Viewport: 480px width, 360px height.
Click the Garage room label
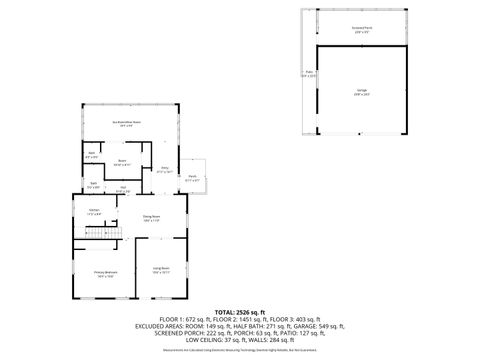360,91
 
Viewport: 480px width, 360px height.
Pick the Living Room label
160,268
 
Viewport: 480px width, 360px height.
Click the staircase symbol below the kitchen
103,233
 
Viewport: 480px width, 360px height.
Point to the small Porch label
192,179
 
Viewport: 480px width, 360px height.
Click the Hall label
122,189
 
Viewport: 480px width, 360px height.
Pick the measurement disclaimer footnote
240,350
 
